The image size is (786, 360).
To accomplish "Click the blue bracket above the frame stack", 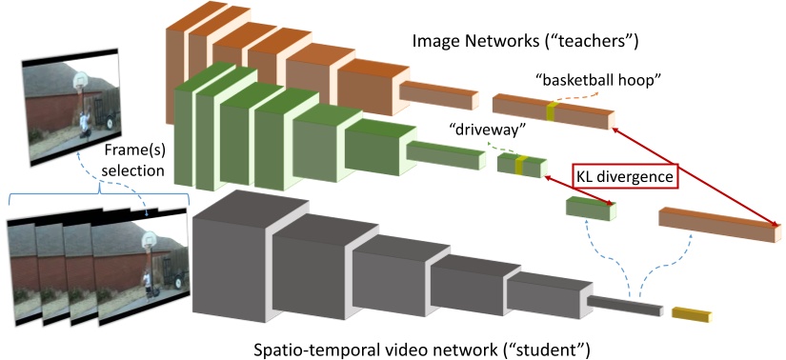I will (100, 193).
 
